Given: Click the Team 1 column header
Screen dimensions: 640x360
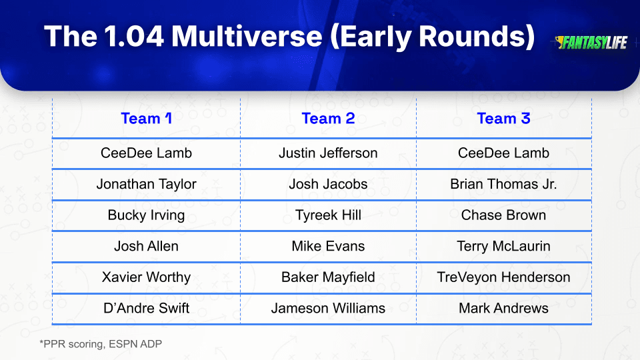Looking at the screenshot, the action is pos(146,119).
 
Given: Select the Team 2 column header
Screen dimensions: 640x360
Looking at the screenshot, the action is pos(328,119).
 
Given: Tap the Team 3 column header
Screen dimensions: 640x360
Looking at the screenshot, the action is pos(504,119).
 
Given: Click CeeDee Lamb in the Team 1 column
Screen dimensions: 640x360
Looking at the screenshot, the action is pos(146,153).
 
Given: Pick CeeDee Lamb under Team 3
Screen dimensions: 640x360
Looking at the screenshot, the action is pos(504,153).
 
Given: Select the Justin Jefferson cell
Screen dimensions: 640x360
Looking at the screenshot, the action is pos(328,153).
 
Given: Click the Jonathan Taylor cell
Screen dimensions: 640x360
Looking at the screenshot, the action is pos(146,184).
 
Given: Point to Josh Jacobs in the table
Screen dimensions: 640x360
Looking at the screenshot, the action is pos(328,184).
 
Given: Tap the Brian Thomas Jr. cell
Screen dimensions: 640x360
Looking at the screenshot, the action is pos(504,184).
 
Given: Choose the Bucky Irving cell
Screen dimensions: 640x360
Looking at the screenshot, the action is pos(146,215).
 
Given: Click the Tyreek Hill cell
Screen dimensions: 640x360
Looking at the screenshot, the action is pos(328,215).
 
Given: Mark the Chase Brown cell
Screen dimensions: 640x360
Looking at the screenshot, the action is pos(504,215).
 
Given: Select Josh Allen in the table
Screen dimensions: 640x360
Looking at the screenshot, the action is pos(146,246).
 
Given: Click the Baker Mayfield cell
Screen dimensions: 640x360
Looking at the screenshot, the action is pos(328,277).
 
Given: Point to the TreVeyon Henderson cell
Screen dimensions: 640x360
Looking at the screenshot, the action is pos(504,277).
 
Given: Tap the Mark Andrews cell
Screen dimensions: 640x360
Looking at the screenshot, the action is pos(504,308).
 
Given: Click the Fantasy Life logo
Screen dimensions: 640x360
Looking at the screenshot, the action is pos(591,43).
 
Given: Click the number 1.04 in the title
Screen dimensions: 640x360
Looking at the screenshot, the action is pos(133,36).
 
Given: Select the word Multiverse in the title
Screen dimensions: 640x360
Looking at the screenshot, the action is pos(247,36).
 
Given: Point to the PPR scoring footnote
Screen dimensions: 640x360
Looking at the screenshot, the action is pos(101,344).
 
